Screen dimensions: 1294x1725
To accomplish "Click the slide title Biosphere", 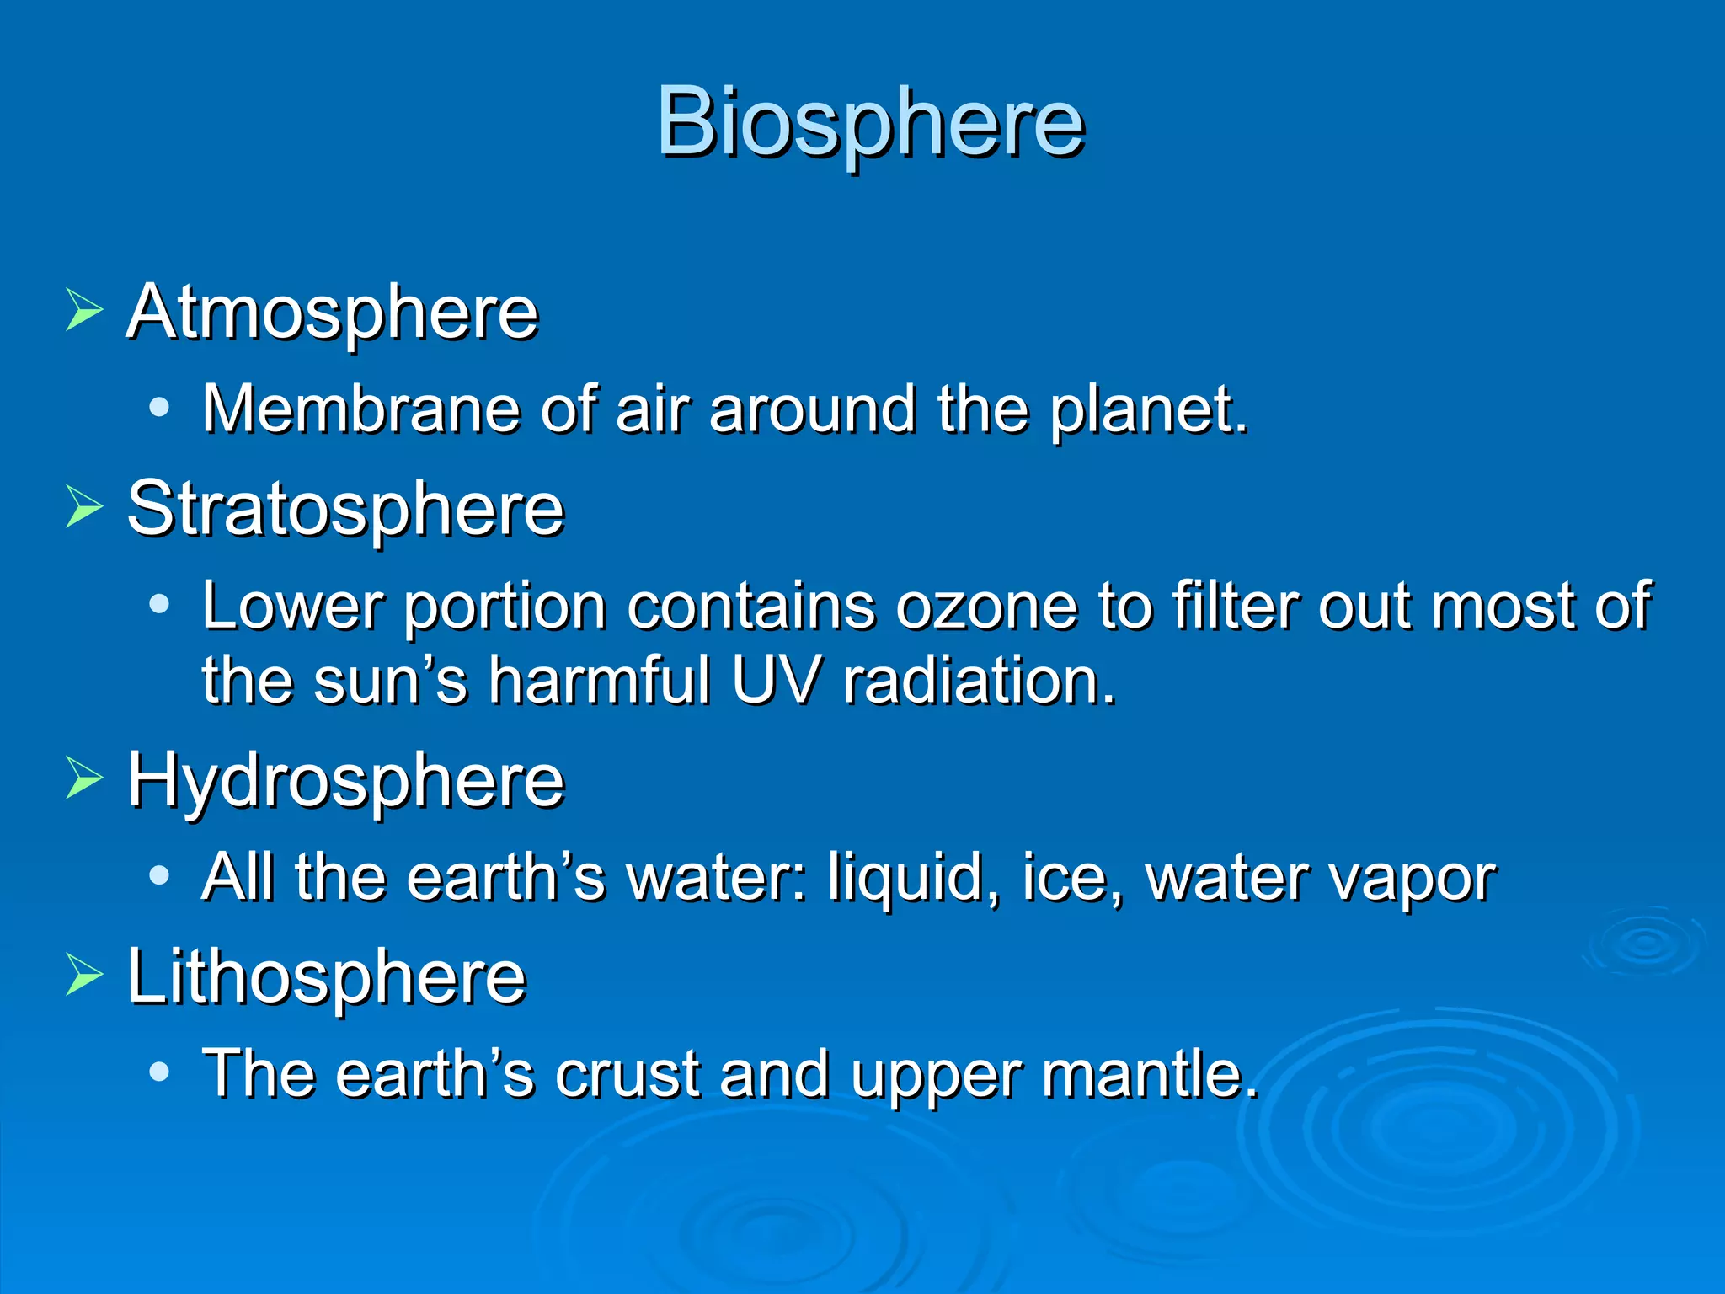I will (x=870, y=123).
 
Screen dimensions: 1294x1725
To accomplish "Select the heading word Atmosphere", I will (x=332, y=313).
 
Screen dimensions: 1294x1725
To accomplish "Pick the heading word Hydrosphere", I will (x=345, y=781).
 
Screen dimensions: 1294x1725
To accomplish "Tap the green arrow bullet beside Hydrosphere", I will (x=83, y=778).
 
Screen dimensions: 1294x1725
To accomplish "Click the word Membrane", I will (x=361, y=409).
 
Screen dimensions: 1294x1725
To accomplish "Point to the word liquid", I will (x=914, y=878).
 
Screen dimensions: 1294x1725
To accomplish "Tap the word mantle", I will (x=1150, y=1075).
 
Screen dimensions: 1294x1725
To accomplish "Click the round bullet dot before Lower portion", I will (x=158, y=604).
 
